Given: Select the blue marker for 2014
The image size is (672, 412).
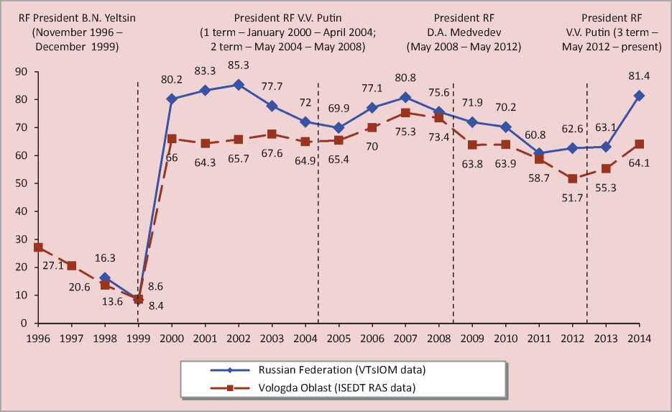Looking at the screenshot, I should tap(639, 95).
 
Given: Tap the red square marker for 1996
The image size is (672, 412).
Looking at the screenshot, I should tap(38, 247).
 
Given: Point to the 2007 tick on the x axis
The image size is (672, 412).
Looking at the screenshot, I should tap(405, 338).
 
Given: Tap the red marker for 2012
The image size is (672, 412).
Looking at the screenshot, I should tap(572, 178).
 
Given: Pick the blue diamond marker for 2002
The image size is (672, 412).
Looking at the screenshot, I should tap(239, 85).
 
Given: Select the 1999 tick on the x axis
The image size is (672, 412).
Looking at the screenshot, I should tap(138, 338).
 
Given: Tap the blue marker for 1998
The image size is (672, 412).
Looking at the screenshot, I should tap(105, 278).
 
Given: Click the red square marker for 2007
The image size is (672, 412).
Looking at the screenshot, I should tap(405, 112).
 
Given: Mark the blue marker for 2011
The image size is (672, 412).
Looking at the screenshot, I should tap(539, 152).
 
